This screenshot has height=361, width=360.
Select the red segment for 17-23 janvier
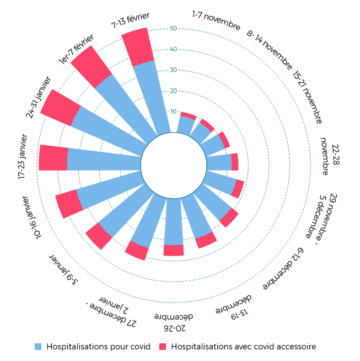click(x=53, y=158)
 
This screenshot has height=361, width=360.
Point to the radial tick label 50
click(x=174, y=29)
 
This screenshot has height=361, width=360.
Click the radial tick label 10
click(x=174, y=112)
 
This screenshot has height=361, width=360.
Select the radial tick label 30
click(x=174, y=70)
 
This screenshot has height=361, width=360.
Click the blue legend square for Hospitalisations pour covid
click(x=38, y=347)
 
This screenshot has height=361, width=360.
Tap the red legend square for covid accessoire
click(x=163, y=347)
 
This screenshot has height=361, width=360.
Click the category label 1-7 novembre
click(x=217, y=19)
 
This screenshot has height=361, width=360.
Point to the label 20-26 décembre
click(x=174, y=322)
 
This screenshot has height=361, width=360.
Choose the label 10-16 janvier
click(x=31, y=217)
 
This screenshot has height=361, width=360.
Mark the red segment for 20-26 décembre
click(x=174, y=250)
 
